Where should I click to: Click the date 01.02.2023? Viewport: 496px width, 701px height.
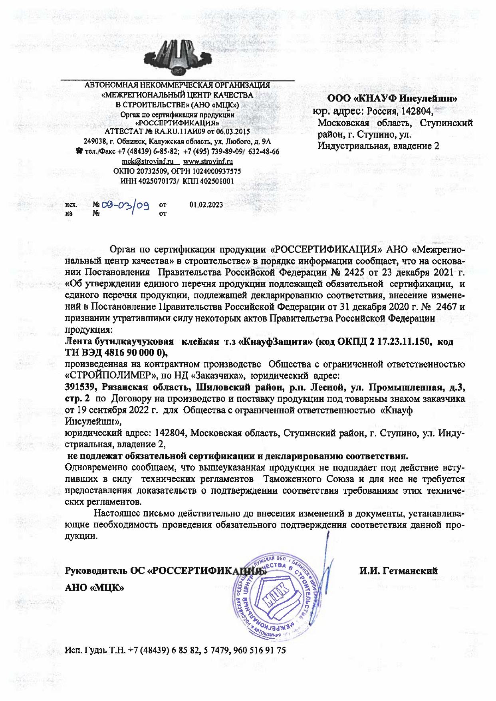pos(206,205)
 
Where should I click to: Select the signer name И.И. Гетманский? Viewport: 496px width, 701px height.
pos(399,571)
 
